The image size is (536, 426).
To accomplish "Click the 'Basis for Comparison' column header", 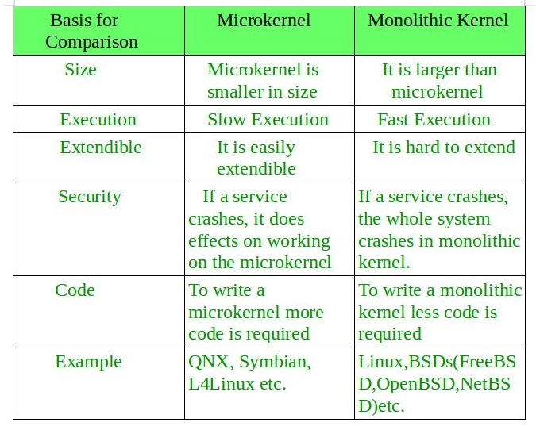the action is click(91, 31).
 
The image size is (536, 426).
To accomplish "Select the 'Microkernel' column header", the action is click(264, 20).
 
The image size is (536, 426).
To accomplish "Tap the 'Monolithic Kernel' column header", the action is click(438, 20).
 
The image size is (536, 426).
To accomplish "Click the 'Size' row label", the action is click(81, 70).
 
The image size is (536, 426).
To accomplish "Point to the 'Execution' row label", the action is click(98, 120).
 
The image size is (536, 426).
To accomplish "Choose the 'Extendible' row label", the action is click(101, 148).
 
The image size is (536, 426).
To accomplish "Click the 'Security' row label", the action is click(90, 197).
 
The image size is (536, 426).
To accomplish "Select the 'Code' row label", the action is click(75, 290).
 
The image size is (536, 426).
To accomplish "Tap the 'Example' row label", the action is click(88, 362).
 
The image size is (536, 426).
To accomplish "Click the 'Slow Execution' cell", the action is click(268, 120).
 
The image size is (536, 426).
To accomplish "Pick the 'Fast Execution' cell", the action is click(434, 120).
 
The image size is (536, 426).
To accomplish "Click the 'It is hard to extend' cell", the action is click(444, 148).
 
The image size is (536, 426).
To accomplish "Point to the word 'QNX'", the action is click(208, 362).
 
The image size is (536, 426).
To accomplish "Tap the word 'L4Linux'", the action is click(222, 384).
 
